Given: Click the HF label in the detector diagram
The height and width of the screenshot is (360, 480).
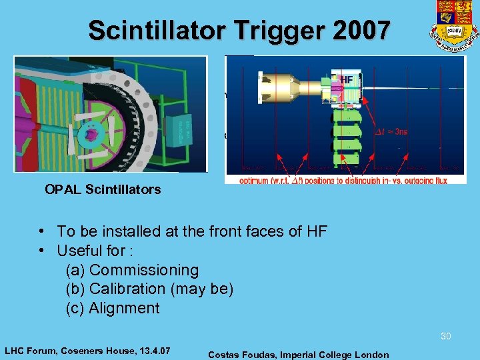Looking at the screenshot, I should click(347, 80).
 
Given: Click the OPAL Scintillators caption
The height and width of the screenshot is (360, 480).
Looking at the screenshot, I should click(103, 189).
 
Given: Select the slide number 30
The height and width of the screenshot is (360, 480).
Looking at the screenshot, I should click(445, 336).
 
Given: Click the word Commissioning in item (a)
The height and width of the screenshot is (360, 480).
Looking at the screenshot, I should click(143, 270).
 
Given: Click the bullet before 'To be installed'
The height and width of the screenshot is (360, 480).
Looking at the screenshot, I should click(42, 231).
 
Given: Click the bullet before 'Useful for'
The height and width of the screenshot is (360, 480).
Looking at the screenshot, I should click(42, 251).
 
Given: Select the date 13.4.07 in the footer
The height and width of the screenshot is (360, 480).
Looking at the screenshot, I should click(151, 350).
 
